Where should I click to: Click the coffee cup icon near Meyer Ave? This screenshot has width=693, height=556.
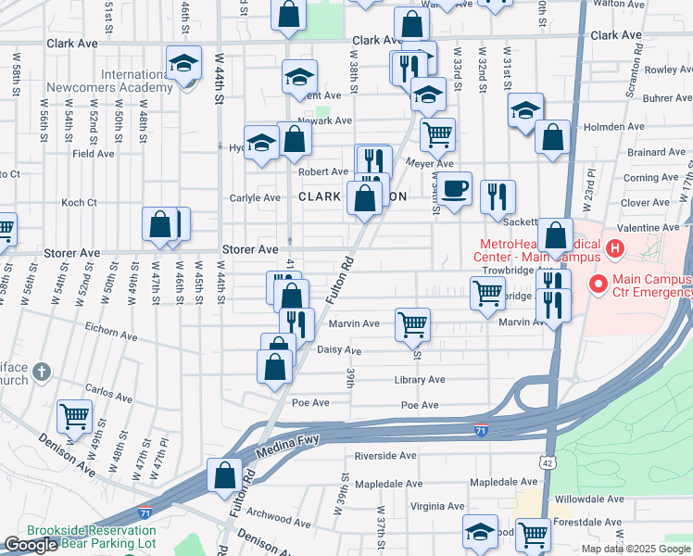tap(454, 189)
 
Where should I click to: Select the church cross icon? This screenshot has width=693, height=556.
tap(41, 373)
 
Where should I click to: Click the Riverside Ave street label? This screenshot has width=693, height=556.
tap(385, 456)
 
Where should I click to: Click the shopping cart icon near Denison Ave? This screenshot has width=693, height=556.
tap(74, 416)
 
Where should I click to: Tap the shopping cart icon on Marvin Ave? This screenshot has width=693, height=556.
tap(412, 325)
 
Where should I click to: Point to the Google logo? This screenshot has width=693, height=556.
tap(30, 546)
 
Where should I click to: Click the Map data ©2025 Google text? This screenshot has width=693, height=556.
tap(636, 549)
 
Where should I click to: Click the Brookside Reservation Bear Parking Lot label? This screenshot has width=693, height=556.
tap(91, 537)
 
